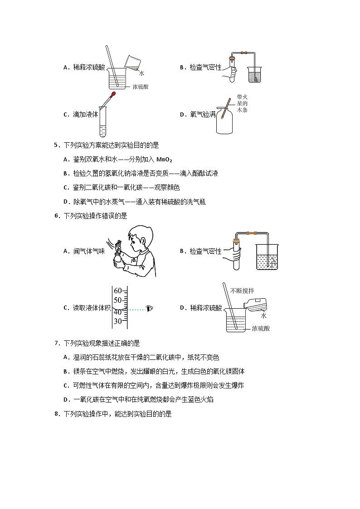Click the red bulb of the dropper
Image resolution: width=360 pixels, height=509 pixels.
pos(112,95)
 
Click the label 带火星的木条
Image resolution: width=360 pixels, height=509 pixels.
pos(242,103)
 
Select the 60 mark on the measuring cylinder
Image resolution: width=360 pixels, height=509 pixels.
pos(118,291)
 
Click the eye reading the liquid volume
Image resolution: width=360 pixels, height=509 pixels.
pos(150,308)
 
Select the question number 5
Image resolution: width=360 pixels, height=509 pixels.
pos(56,145)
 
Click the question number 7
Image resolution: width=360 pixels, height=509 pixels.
pos(56,343)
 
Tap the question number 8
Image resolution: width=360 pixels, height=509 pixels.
pos(56,413)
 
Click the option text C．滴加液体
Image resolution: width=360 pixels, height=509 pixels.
pos(81,115)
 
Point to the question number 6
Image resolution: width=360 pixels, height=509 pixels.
pos(56,216)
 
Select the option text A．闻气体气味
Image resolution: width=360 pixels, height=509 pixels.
pos(84,251)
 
